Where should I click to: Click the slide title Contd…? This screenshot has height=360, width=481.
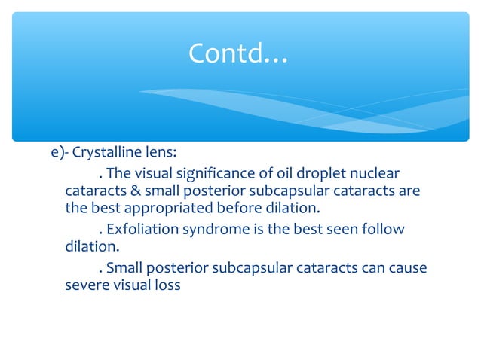(x=237, y=53)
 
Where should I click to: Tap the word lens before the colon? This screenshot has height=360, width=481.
(x=161, y=152)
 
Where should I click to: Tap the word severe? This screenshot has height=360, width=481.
(x=84, y=286)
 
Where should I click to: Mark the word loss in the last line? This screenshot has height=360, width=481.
(x=166, y=286)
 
